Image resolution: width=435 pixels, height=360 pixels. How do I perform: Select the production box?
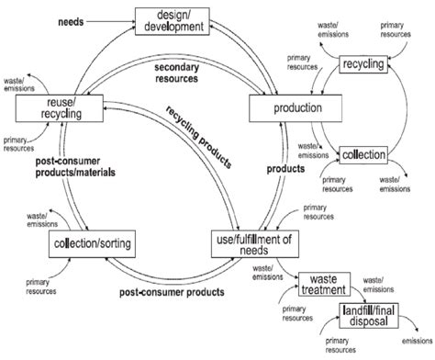[287, 107]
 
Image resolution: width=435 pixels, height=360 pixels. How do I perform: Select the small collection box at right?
[364, 154]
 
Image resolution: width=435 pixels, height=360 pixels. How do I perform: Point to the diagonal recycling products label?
[198, 131]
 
